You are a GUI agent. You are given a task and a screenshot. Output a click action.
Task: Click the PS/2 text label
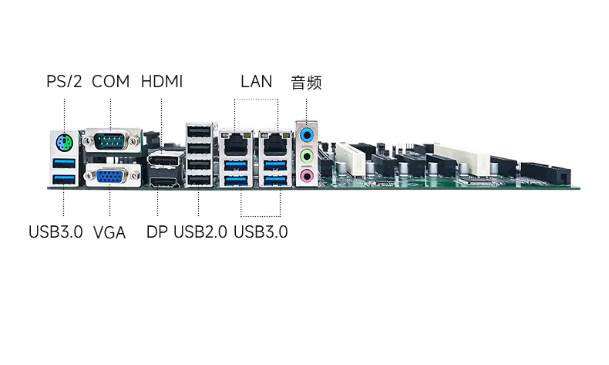tap(64, 82)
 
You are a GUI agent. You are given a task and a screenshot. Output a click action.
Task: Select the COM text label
tap(111, 82)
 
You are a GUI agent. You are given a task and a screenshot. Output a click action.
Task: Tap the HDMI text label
tap(162, 82)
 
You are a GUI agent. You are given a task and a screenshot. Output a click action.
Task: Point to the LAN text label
tap(257, 82)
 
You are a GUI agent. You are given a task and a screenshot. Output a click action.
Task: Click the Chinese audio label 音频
tap(307, 83)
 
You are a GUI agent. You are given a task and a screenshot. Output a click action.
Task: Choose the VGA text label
tap(109, 232)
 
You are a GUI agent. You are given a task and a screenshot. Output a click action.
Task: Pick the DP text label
tap(157, 232)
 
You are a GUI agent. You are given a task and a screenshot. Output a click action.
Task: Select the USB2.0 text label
tap(200, 232)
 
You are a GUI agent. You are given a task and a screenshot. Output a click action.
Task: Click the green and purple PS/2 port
tap(65, 144)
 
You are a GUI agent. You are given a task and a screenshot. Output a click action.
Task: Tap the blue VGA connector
tap(112, 176)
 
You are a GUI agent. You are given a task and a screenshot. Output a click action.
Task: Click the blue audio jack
tap(307, 135)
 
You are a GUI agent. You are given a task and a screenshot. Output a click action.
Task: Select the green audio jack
tap(307, 156)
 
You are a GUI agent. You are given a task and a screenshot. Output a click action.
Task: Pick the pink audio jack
tap(307, 176)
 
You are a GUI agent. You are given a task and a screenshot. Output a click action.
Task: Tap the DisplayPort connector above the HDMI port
tap(166, 161)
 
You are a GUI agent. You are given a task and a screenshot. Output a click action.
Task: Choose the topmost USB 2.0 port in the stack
tap(199, 131)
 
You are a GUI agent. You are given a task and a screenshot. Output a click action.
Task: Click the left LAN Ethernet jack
tap(236, 143)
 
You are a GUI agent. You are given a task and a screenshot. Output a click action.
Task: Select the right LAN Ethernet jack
tap(275, 143)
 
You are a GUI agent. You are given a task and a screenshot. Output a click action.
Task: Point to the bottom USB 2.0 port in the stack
tap(199, 181)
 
